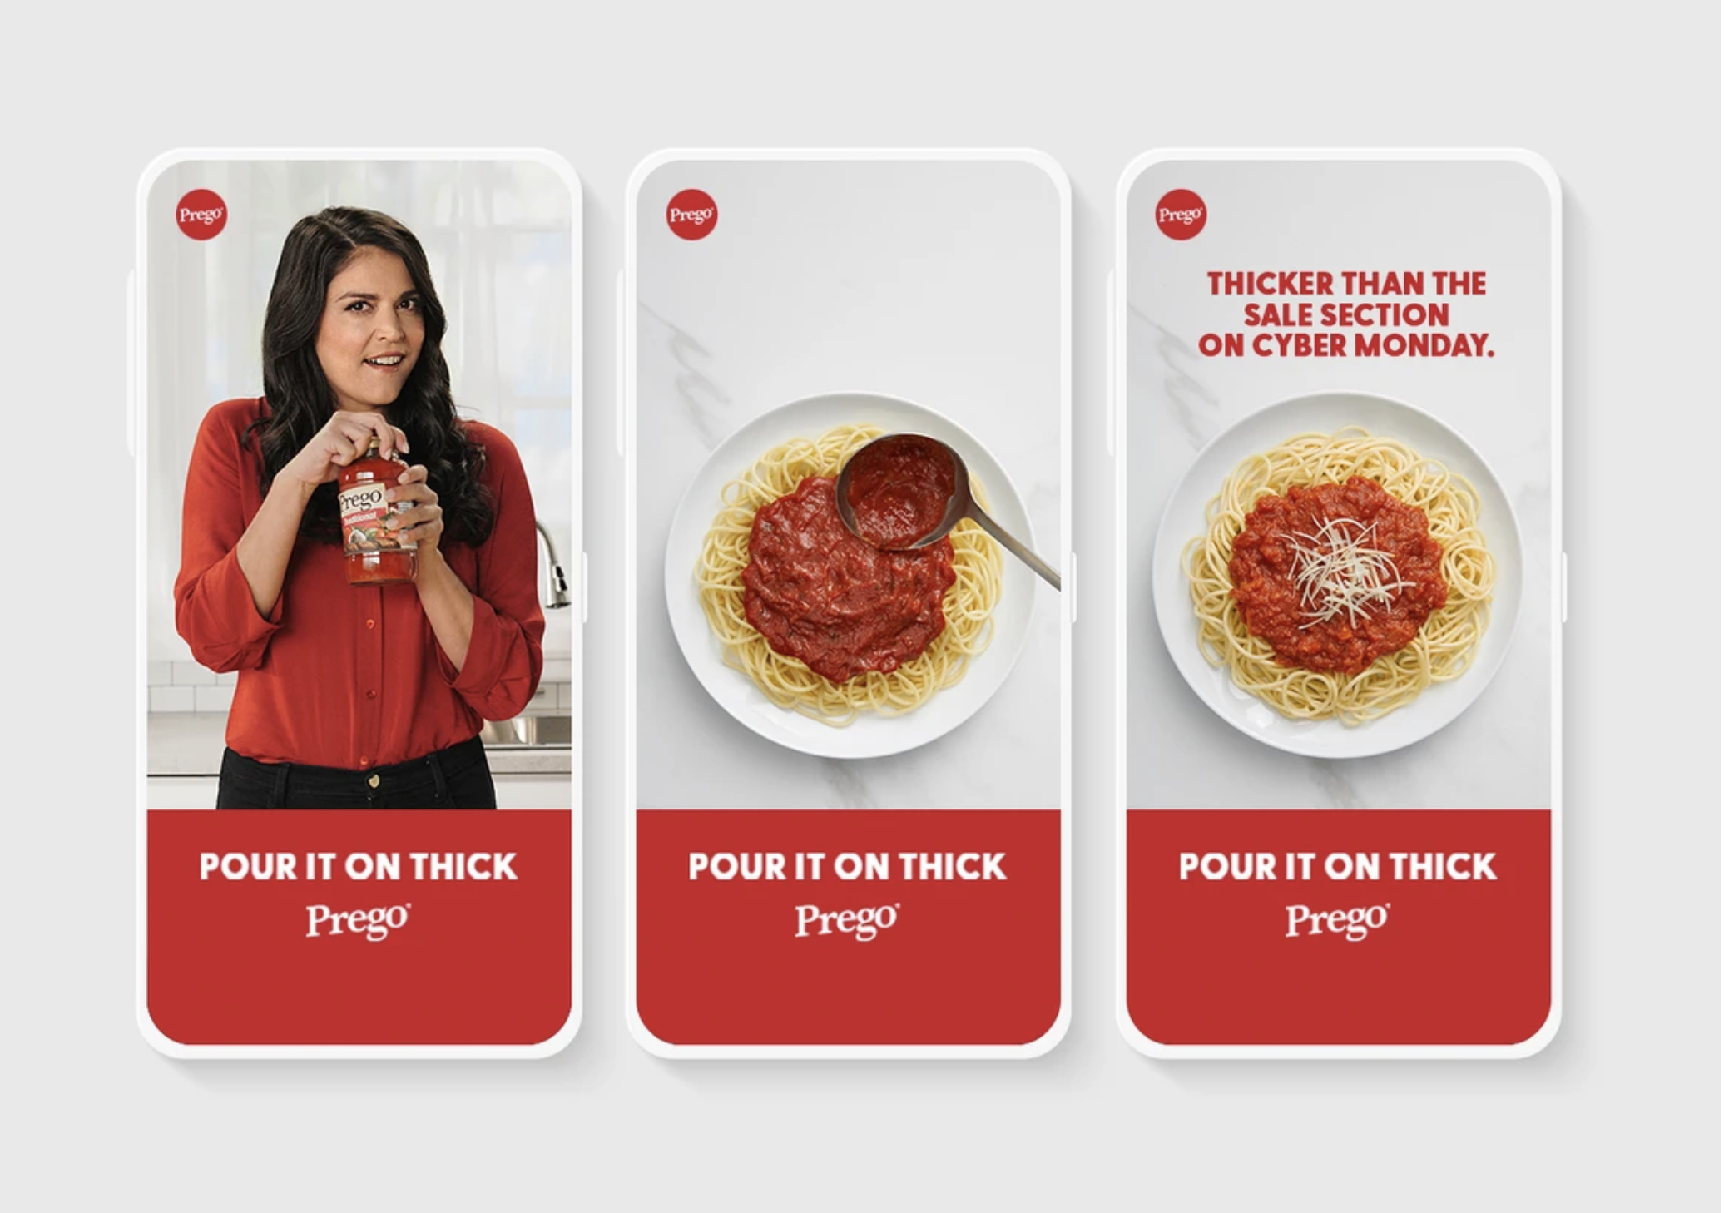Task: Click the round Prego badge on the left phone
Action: tap(201, 215)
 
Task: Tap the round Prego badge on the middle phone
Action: tap(691, 215)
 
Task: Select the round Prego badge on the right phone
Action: tap(1181, 215)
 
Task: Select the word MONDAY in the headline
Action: tap(1424, 345)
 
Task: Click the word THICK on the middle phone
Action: tap(953, 867)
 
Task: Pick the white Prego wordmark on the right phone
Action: tap(1337, 921)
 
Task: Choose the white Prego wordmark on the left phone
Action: tap(358, 921)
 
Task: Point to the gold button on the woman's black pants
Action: tap(374, 780)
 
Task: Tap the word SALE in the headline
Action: tap(1281, 314)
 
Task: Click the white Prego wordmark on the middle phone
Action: tap(847, 921)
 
